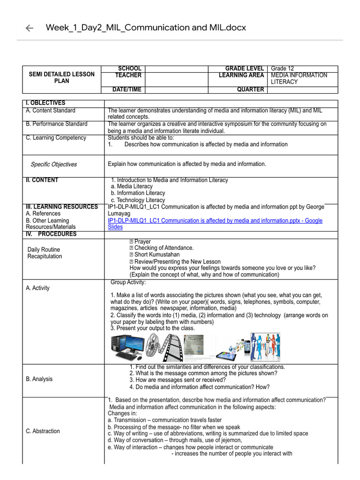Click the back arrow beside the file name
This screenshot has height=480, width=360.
(x=30, y=28)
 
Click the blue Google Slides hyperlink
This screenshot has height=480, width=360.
(x=215, y=224)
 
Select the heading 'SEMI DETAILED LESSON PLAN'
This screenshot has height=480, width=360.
(x=61, y=77)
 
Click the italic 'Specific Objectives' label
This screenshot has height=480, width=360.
(x=53, y=165)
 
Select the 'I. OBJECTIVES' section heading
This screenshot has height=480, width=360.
(x=46, y=103)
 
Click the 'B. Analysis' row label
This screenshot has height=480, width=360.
(x=39, y=379)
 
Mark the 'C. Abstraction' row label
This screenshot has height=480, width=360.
(x=43, y=431)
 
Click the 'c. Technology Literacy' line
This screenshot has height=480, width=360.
(x=138, y=200)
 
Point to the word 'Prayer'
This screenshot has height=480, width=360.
(x=142, y=242)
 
